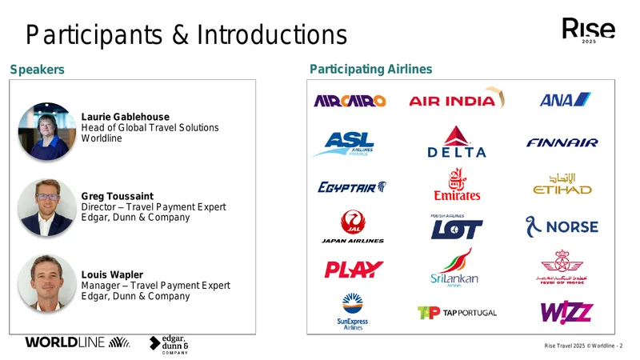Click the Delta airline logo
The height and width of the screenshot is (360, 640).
[456, 142]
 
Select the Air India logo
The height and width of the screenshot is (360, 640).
[457, 98]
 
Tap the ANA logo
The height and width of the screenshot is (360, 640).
[565, 99]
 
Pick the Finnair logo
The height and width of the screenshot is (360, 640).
[562, 142]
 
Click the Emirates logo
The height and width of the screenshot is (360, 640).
[457, 184]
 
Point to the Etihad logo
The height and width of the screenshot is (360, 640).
[562, 184]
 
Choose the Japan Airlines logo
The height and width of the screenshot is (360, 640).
[353, 226]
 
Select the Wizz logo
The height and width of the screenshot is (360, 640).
[566, 312]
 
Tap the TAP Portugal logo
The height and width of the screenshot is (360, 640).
[457, 313]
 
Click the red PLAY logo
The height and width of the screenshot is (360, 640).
[354, 270]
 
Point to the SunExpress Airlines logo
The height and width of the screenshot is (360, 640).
[353, 311]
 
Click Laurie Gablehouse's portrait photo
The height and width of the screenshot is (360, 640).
[47, 131]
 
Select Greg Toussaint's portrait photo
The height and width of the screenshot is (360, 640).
[47, 207]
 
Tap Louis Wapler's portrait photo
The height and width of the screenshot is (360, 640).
[47, 283]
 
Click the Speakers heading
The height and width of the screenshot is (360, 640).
[37, 70]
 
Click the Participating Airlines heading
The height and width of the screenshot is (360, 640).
[370, 70]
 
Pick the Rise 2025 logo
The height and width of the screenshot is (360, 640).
[589, 30]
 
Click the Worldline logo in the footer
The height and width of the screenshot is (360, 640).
[78, 342]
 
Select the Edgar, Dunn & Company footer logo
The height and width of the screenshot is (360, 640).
[169, 345]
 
